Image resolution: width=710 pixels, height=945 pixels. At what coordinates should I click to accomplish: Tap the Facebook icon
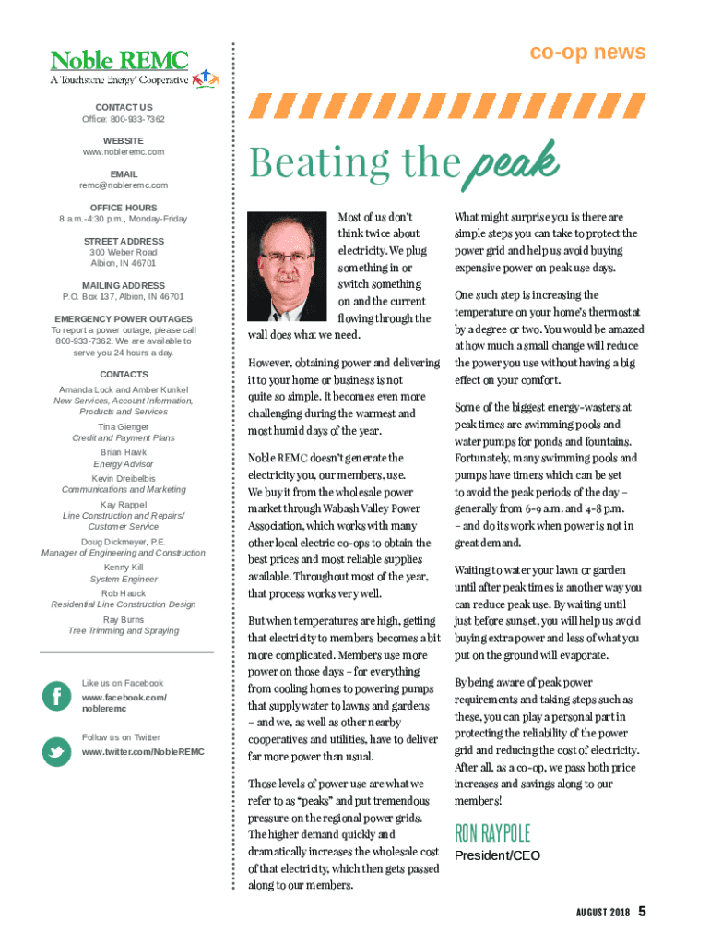(57, 696)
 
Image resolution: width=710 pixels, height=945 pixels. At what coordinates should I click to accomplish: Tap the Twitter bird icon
(57, 751)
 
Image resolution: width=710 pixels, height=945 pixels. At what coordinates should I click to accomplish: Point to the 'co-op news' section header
(587, 53)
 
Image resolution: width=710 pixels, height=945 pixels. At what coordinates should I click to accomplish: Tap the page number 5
(642, 912)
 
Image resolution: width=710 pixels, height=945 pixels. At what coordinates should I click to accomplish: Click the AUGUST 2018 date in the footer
(598, 913)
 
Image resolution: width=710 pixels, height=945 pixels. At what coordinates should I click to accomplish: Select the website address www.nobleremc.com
(124, 151)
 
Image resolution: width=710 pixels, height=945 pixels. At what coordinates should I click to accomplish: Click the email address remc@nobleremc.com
(124, 185)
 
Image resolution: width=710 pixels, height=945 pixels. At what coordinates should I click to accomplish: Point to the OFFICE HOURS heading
(124, 208)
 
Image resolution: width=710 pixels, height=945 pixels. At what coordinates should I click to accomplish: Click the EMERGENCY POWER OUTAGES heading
(124, 319)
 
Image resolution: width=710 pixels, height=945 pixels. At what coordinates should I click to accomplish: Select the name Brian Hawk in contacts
(124, 453)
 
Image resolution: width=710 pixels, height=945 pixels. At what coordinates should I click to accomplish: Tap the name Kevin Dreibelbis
(124, 479)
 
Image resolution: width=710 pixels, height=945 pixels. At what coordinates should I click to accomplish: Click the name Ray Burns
(124, 619)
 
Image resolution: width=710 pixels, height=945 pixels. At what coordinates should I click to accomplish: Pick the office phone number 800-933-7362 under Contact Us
(137, 119)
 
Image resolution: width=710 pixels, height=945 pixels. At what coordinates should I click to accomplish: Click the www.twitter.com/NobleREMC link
(143, 752)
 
